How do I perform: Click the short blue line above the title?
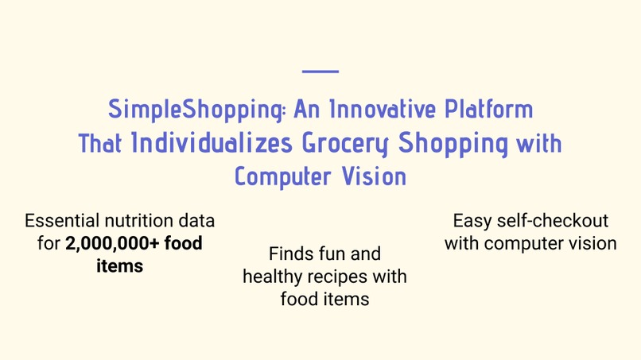(320, 72)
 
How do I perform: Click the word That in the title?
(101, 144)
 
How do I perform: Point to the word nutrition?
(143, 220)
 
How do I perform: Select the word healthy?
(271, 277)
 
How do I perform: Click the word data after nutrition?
(197, 220)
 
